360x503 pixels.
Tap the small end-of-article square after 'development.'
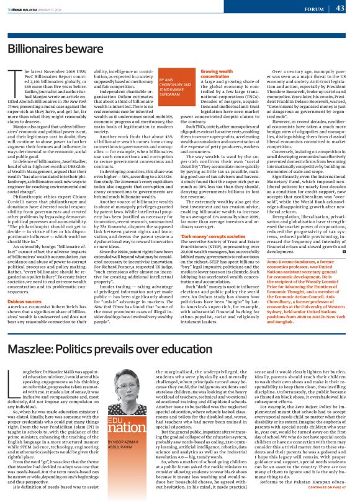coord(343,252)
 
